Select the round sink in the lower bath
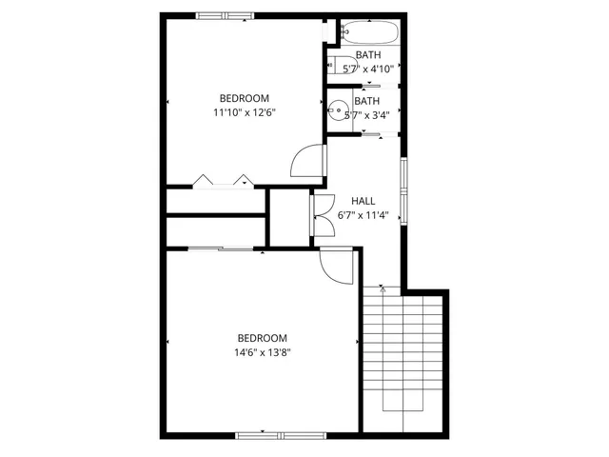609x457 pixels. tap(336, 111)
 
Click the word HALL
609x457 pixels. tap(363, 201)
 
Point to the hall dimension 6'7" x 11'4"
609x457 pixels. tap(363, 215)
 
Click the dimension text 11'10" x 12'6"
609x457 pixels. tap(245, 112)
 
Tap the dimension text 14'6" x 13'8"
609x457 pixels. tap(262, 351)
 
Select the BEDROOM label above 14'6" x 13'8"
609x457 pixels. tap(262, 338)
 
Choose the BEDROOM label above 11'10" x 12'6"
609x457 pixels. tap(245, 98)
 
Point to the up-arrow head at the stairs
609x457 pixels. tap(382, 287)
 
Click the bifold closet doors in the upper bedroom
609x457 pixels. tap(221, 181)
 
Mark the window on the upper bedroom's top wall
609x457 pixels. tap(225, 15)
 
